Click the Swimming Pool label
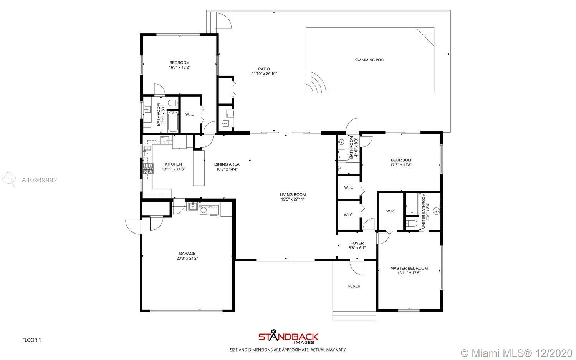[370, 60]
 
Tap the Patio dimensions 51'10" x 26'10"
[264, 74]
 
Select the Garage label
[187, 254]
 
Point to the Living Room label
[293, 194]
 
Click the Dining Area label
[227, 164]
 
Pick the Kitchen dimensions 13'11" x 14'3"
[173, 169]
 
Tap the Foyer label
[357, 243]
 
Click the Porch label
[354, 286]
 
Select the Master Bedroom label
[409, 268]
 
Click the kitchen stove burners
[148, 169]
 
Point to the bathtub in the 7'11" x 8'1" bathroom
[173, 121]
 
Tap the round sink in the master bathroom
[436, 211]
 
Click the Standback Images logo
[288, 337]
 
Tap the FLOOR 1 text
[31, 340]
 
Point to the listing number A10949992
[39, 180]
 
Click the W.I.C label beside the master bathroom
[391, 211]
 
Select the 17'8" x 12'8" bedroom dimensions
[401, 165]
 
